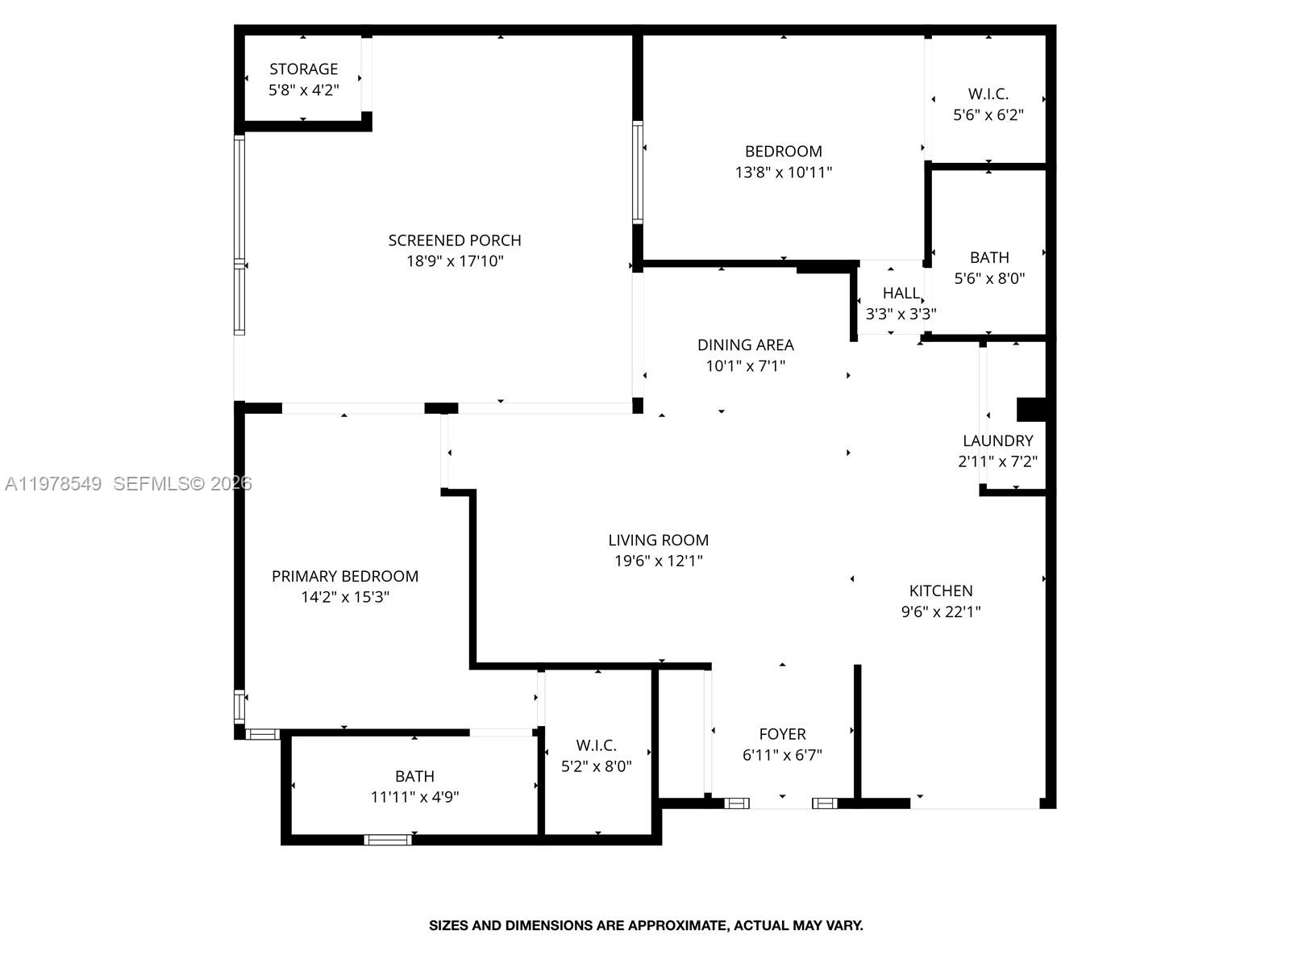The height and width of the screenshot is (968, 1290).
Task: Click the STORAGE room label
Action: (303, 69)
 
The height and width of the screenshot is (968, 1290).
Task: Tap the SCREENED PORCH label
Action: (455, 240)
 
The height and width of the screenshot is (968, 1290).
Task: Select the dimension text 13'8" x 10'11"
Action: (783, 173)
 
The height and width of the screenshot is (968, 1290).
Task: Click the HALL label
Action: (901, 293)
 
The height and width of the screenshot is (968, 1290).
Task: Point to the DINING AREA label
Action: (745, 345)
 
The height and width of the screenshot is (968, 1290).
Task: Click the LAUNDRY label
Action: (997, 441)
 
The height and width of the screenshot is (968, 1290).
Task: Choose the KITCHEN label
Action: (940, 590)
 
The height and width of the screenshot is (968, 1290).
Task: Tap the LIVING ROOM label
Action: (658, 540)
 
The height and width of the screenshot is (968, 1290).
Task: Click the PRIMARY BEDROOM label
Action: (344, 577)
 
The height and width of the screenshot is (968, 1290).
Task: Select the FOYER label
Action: (782, 734)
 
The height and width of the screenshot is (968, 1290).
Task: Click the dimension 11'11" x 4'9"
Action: (414, 797)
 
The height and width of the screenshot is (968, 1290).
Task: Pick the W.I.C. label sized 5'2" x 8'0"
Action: (596, 745)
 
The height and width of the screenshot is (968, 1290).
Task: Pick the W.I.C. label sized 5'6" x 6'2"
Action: (988, 94)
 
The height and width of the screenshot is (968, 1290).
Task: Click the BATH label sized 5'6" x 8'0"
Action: (988, 257)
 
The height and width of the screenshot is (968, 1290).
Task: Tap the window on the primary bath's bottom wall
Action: (388, 840)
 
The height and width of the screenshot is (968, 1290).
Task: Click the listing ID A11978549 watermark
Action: (53, 484)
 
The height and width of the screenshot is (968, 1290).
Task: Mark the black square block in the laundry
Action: (1031, 409)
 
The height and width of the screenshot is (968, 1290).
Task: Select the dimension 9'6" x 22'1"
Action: (940, 611)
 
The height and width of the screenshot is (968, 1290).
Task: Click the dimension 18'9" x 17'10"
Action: (455, 261)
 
